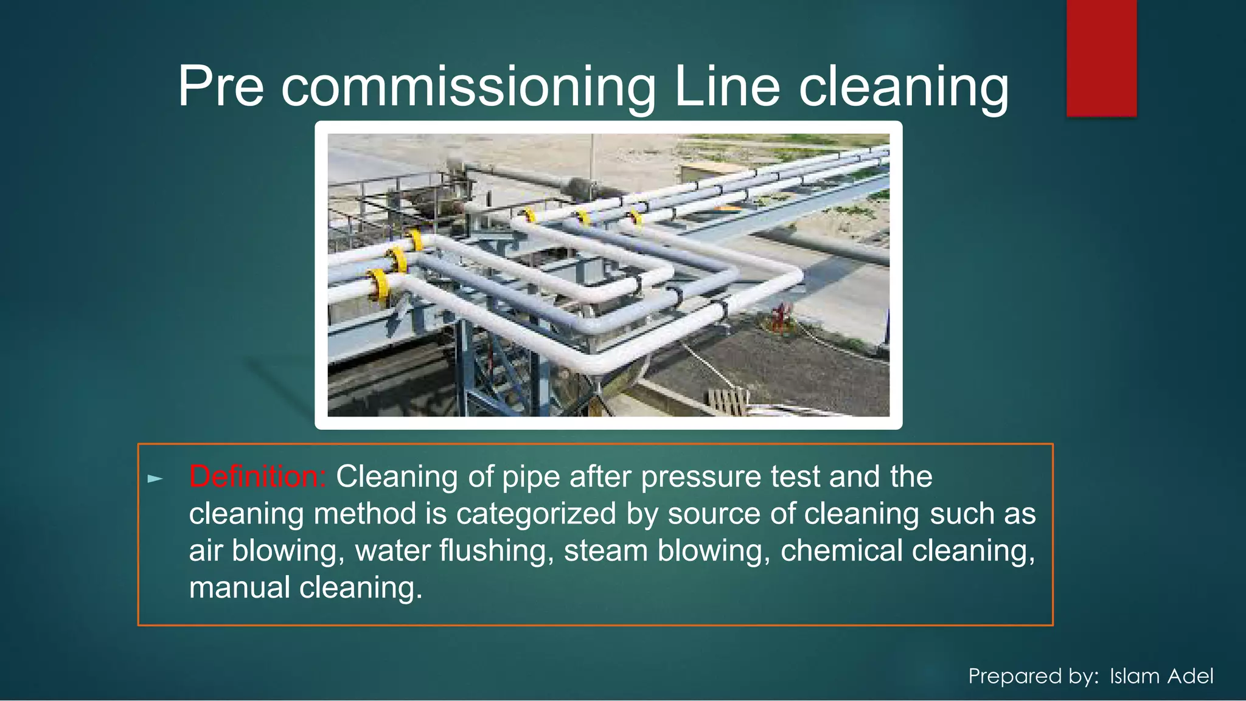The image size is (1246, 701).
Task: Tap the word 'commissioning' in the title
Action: (x=468, y=88)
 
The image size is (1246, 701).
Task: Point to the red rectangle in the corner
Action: (x=1101, y=58)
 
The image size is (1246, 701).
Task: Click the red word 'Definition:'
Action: (x=258, y=477)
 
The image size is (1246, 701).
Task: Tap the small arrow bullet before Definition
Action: (x=156, y=479)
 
